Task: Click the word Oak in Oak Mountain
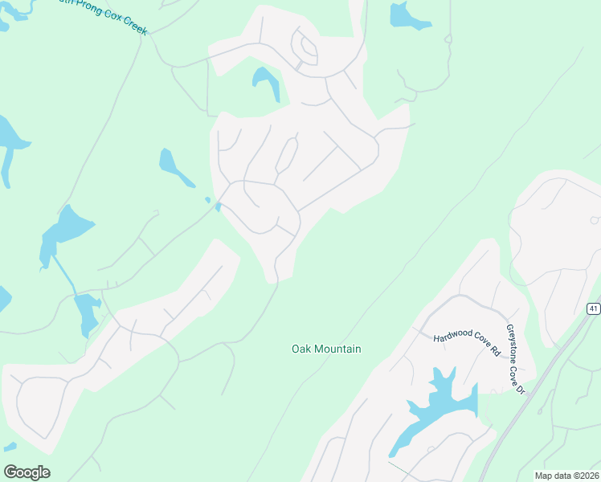click(301, 349)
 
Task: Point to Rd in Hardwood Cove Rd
click(495, 352)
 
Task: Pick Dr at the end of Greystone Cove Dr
click(520, 390)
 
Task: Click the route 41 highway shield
click(593, 308)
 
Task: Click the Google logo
click(27, 472)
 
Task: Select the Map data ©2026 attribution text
click(566, 475)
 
